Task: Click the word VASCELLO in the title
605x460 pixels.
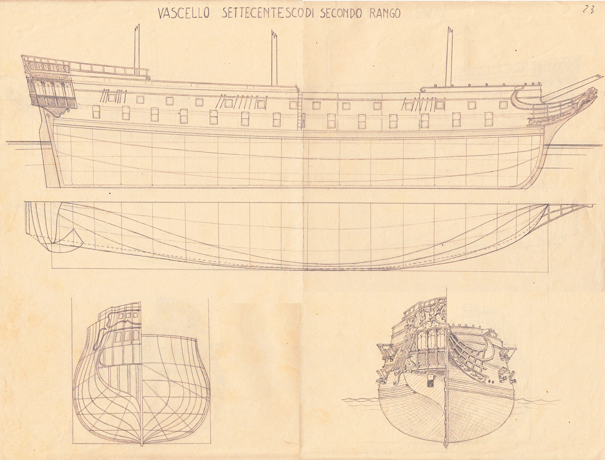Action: click(184, 13)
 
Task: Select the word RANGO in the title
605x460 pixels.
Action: click(386, 13)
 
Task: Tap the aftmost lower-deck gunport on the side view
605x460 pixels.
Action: click(96, 111)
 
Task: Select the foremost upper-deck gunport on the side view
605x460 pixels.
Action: click(503, 105)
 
